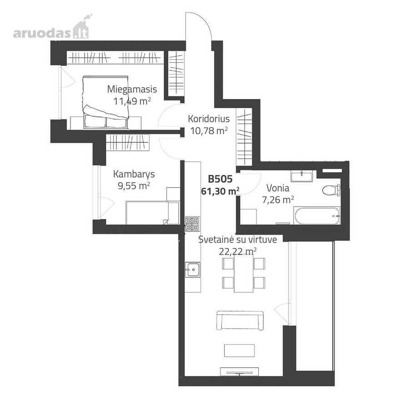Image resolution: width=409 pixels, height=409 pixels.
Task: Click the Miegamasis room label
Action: pos(132,90)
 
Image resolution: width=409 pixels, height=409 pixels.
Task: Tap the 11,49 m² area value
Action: pos(132,101)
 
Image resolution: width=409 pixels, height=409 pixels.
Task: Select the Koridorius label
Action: pos(209,119)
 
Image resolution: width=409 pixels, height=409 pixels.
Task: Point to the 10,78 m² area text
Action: pos(209,130)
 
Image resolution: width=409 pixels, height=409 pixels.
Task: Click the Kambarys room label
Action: pos(134,174)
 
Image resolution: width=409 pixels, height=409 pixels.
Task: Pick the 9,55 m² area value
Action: pos(134,186)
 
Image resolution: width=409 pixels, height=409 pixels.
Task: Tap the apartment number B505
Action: pos(220,179)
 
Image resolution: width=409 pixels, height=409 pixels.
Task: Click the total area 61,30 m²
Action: pos(220,191)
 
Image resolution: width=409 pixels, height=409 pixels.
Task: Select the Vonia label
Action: pos(278,188)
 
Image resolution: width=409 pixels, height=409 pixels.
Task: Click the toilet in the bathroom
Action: pos(331,190)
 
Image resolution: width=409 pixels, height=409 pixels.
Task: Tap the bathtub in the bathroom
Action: pos(317,215)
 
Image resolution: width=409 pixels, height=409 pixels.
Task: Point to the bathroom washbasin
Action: pos(302,176)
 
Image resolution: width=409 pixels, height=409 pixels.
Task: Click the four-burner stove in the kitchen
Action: pos(193,224)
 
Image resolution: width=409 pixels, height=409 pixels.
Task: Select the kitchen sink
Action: pos(193,269)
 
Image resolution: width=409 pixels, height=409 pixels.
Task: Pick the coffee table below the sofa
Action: pos(239,350)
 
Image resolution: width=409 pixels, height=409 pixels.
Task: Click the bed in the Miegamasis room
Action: pos(105,102)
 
